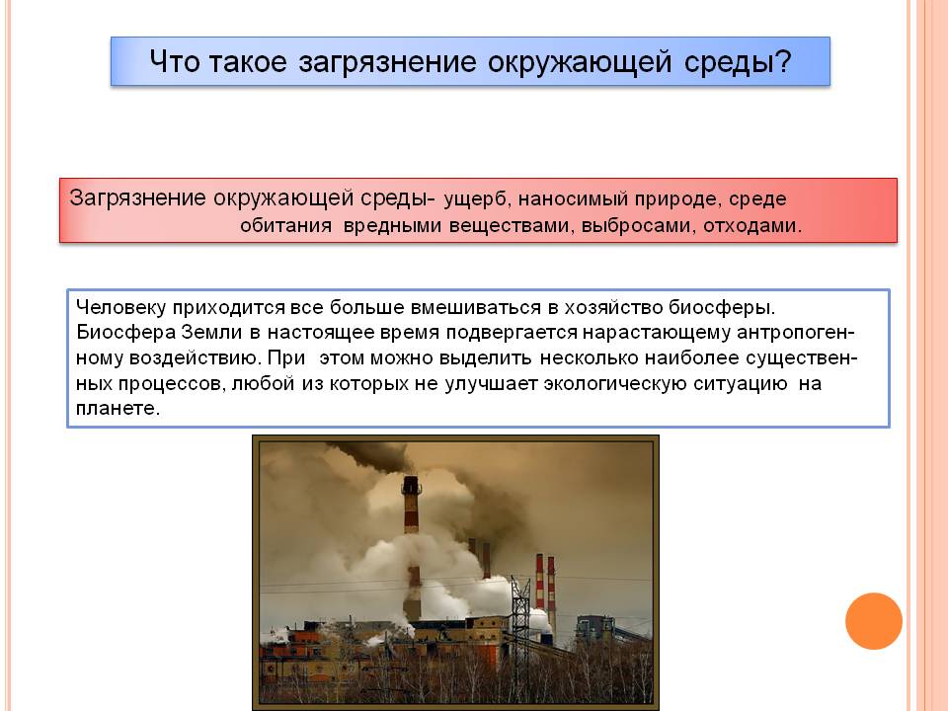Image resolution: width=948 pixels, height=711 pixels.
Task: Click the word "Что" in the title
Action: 174,61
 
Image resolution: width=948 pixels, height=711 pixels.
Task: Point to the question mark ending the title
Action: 783,61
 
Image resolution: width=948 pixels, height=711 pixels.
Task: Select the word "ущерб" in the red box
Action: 478,199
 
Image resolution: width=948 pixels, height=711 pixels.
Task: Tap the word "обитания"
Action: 286,225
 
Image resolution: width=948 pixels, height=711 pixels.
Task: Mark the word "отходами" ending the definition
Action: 752,226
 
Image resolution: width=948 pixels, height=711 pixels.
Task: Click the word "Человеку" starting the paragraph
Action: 120,307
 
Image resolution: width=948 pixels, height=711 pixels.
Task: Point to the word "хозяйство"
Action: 613,307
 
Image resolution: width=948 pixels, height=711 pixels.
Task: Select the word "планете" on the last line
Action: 118,409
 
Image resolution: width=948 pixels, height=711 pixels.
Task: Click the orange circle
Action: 874,621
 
